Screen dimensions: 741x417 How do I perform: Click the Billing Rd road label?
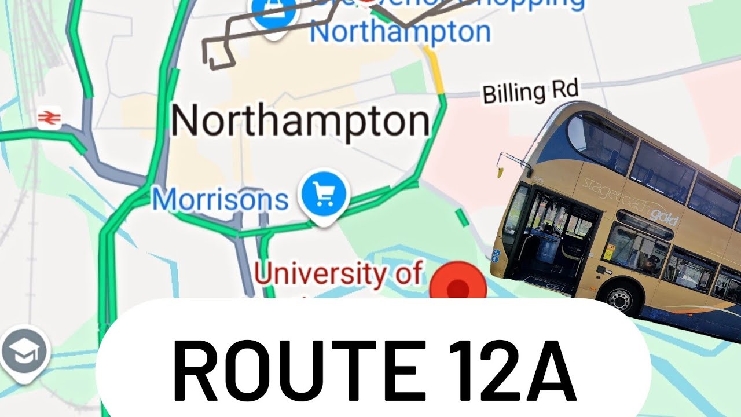pos(531,92)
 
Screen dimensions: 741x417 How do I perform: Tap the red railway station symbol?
pos(49,118)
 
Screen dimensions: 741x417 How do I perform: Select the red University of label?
pos(338,273)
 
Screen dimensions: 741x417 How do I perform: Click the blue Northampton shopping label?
pos(399,32)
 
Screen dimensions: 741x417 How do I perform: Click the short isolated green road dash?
pos(462,218)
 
